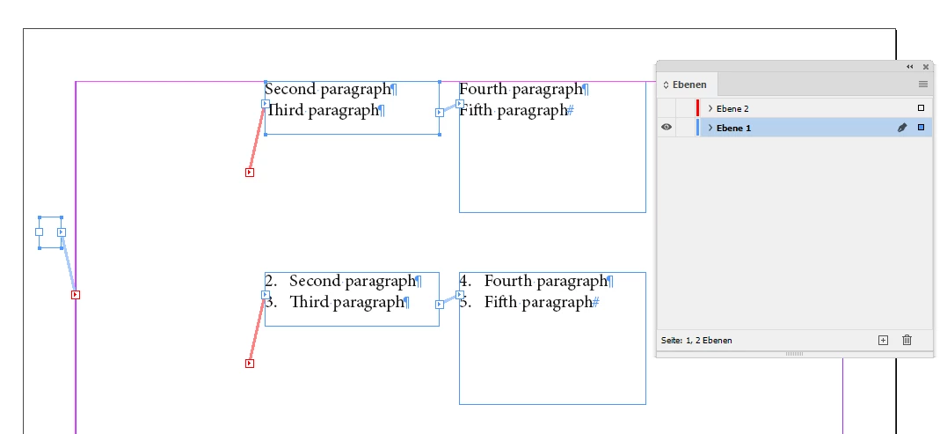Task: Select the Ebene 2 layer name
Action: click(x=732, y=109)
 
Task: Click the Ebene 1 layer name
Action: click(x=734, y=129)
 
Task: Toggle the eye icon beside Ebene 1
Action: click(x=667, y=128)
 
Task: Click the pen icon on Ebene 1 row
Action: click(x=901, y=128)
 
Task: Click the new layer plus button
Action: click(x=883, y=341)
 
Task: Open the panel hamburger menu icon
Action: click(x=923, y=85)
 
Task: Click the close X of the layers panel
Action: click(x=926, y=67)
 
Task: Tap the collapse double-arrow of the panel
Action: click(x=909, y=67)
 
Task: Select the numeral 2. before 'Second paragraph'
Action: click(x=271, y=281)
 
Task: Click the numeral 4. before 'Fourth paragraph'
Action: click(x=465, y=281)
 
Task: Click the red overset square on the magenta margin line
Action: click(x=76, y=295)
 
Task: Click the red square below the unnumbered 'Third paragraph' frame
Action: click(x=250, y=173)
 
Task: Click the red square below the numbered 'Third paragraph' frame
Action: click(x=250, y=364)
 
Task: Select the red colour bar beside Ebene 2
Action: click(x=697, y=108)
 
